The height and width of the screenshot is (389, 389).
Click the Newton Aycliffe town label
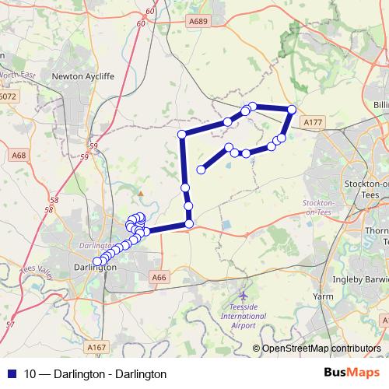click(x=82, y=76)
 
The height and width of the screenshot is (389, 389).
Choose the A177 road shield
click(x=312, y=123)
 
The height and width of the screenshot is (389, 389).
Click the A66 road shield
click(x=159, y=277)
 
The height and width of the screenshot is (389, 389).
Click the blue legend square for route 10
click(x=11, y=373)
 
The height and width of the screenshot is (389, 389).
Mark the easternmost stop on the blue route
click(x=292, y=110)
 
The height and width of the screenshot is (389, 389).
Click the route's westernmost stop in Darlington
click(x=97, y=262)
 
